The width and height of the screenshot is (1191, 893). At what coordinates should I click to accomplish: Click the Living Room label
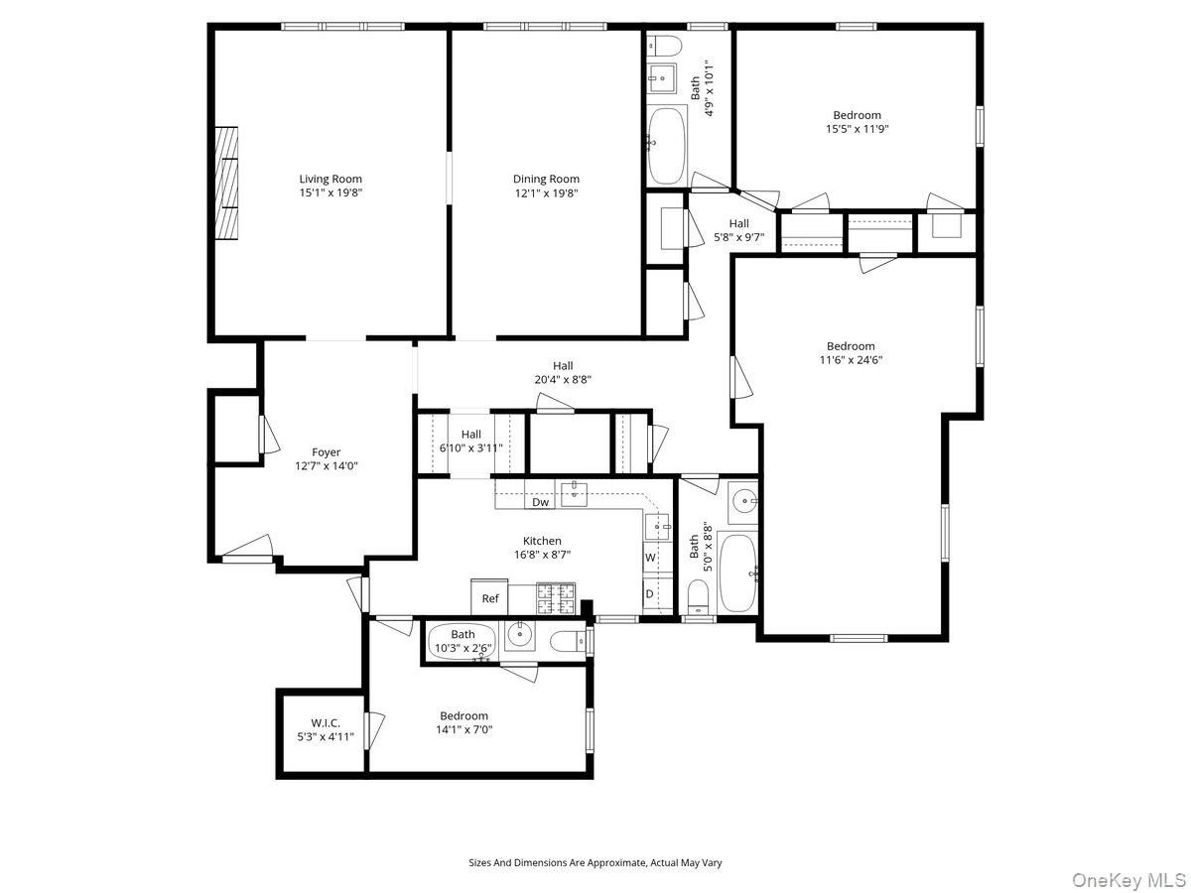[x=331, y=180]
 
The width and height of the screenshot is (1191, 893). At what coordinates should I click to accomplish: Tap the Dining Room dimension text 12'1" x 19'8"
[x=545, y=193]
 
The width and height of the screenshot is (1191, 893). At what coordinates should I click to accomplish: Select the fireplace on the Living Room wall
[x=228, y=183]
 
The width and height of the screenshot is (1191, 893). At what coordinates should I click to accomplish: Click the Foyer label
[x=326, y=452]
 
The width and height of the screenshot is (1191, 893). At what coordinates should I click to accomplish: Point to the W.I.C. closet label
[x=326, y=723]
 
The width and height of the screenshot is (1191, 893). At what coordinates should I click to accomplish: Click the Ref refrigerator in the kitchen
[x=490, y=597]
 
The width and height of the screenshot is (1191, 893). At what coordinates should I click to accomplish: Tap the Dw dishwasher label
[x=540, y=502]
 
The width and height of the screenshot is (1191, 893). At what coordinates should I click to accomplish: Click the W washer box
[x=650, y=558]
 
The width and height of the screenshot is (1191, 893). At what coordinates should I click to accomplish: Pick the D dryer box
[x=649, y=594]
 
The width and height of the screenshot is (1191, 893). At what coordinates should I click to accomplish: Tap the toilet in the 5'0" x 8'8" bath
[x=699, y=596]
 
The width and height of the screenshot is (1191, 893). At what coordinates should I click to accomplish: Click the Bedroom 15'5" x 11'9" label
[x=857, y=115]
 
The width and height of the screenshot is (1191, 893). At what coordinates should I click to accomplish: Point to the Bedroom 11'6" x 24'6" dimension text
[x=851, y=360]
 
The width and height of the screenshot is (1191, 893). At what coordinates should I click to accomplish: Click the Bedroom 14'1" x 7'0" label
[x=464, y=715]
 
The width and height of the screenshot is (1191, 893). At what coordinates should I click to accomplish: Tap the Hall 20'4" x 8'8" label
[x=563, y=366]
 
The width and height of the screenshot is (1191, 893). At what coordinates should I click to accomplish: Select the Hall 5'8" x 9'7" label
[x=738, y=223]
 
